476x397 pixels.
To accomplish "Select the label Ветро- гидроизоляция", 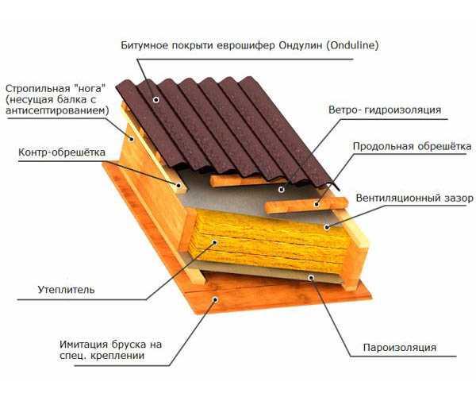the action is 385,110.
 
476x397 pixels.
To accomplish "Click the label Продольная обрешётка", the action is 412,146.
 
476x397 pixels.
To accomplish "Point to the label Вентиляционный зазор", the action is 414,198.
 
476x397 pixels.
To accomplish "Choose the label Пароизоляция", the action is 400,347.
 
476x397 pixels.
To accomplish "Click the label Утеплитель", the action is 66,290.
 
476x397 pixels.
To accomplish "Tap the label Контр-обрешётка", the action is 62,152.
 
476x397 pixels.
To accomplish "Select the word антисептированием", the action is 57,110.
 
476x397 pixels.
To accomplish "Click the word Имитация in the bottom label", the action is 84,345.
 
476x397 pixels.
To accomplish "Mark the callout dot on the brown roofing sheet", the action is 156,99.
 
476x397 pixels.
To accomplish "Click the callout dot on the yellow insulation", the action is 215,243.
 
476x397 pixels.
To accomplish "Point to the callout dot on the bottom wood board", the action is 216,300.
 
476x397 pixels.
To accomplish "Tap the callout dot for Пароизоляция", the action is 311,278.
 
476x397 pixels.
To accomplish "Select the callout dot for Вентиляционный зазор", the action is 327,227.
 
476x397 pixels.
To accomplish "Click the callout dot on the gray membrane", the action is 282,190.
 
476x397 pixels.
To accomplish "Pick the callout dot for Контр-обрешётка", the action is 178,185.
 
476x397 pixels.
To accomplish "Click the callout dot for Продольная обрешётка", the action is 317,204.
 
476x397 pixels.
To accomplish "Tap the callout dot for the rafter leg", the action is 132,139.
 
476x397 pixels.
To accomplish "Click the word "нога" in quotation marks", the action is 90,89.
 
